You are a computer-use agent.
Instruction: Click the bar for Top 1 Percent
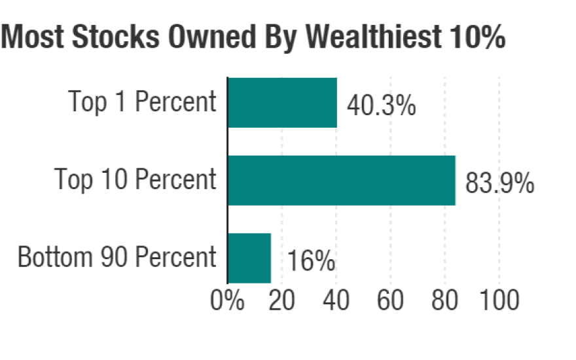click(x=283, y=103)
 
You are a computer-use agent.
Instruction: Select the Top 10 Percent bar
click(x=342, y=181)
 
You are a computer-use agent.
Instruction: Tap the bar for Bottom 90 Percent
click(x=249, y=258)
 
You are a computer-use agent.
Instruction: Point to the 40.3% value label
click(x=381, y=105)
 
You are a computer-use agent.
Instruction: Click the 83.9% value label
click(x=499, y=183)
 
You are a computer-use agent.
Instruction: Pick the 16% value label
click(x=312, y=262)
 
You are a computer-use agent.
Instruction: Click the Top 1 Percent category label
click(x=142, y=102)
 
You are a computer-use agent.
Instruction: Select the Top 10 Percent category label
click(x=135, y=179)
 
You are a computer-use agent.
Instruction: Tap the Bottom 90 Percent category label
click(x=117, y=257)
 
